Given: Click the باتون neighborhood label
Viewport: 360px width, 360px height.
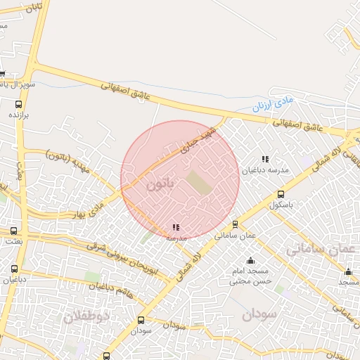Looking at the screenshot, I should click(x=160, y=186).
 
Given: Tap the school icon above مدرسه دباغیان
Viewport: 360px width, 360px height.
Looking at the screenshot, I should click(x=265, y=160).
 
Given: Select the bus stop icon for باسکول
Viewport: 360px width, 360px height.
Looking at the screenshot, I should click(x=281, y=194).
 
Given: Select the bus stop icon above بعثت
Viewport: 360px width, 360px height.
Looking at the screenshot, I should click(x=13, y=231).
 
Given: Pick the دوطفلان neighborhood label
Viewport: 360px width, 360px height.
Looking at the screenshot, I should click(x=88, y=316).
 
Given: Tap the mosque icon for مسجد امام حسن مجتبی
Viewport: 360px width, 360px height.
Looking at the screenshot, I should click(x=250, y=261).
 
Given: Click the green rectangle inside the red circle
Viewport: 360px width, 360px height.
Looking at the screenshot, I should click(x=198, y=184).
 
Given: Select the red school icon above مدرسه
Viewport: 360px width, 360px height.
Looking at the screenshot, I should click(x=175, y=227).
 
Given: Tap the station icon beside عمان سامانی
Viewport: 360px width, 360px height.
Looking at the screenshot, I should click(x=235, y=224).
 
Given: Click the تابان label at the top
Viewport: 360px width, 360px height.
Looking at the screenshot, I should click(x=34, y=7).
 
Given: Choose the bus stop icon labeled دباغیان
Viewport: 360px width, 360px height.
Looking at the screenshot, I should click(x=15, y=269).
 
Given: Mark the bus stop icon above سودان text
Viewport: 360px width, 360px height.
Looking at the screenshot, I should click(x=141, y=320).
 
